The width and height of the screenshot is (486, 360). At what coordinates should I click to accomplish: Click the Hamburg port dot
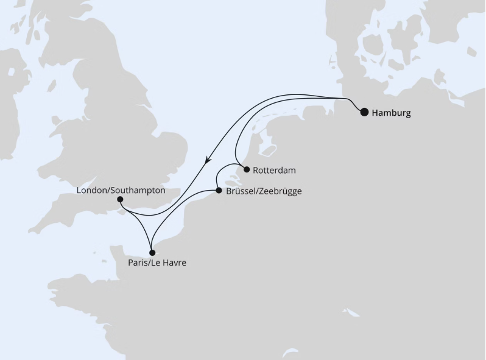tap(364, 112)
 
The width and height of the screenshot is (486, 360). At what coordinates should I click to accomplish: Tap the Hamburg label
tap(391, 113)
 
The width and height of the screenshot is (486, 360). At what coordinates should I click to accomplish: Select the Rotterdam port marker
tap(247, 171)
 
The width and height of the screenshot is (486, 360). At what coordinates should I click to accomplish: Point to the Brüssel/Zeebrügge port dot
tap(219, 191)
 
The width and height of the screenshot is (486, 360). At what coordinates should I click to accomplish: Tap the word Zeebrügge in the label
tap(280, 191)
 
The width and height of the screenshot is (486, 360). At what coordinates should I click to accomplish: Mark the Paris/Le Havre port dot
tap(153, 252)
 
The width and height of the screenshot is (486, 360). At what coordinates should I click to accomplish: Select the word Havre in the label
tap(174, 263)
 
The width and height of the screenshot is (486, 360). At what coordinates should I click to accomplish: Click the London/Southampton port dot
tap(120, 199)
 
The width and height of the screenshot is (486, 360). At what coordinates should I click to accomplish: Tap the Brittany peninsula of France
tap(67, 283)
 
